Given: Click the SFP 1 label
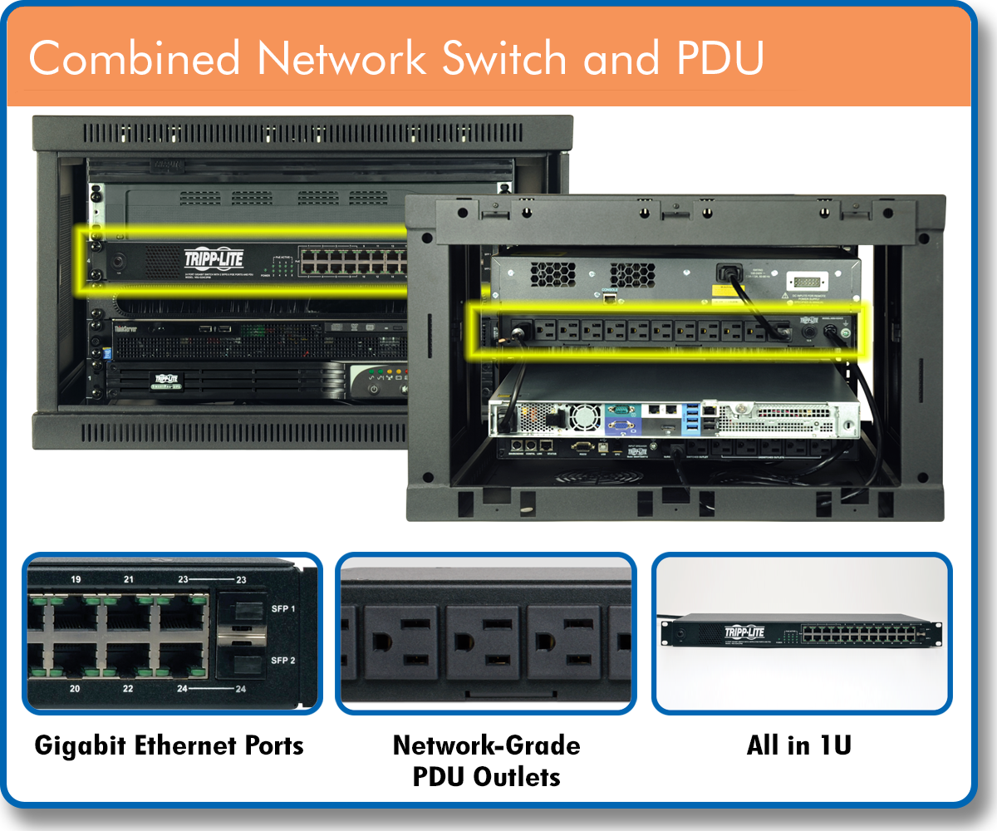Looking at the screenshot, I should [x=283, y=609].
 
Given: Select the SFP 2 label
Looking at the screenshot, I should [x=283, y=661].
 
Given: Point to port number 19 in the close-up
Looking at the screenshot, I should [x=76, y=579].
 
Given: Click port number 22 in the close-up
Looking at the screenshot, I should [x=129, y=690].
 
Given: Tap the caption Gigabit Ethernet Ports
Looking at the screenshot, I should [x=169, y=745].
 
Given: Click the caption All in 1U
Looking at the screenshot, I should [x=798, y=745].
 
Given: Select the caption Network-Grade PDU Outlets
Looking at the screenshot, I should [x=486, y=760].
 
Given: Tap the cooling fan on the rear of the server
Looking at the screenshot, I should [x=584, y=416].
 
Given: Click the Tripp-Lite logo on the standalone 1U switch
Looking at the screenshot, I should [x=743, y=631].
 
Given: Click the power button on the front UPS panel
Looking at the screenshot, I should [x=374, y=389].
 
